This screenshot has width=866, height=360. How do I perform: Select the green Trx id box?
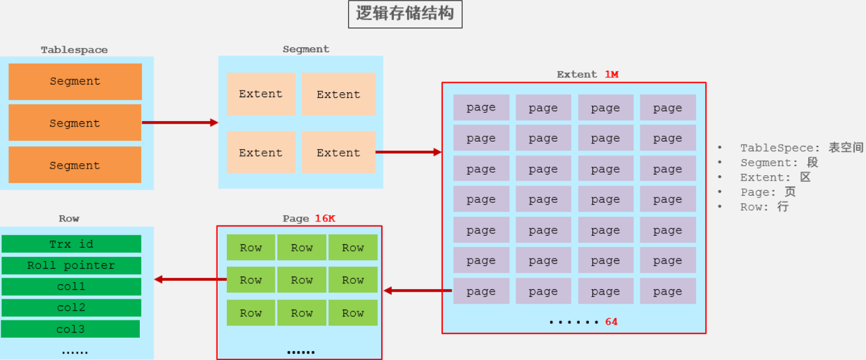click(x=71, y=244)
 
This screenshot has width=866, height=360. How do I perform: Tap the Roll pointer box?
click(x=71, y=265)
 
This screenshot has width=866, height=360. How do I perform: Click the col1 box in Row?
click(x=71, y=287)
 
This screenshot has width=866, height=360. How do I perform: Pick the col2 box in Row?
click(x=71, y=308)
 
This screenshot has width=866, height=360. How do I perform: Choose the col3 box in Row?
click(x=71, y=329)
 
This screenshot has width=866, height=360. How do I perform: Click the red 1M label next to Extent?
click(x=611, y=74)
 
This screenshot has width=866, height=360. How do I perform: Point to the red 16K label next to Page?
click(x=325, y=218)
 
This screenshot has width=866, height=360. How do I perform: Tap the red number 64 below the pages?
click(x=611, y=322)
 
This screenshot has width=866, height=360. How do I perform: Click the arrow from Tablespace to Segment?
click(x=179, y=122)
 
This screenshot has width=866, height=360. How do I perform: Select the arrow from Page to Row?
click(x=190, y=279)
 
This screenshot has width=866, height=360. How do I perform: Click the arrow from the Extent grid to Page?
click(x=417, y=290)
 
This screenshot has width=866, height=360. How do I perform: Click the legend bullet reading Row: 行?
click(x=764, y=207)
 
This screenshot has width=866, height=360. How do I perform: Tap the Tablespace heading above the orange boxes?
click(x=74, y=50)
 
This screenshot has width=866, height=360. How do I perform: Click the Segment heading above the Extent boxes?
click(x=306, y=49)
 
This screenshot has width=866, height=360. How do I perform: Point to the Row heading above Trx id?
click(x=69, y=218)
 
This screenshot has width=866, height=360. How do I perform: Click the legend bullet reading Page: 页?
click(x=768, y=192)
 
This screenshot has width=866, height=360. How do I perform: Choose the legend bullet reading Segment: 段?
click(x=779, y=163)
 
